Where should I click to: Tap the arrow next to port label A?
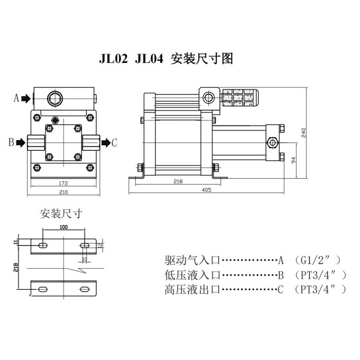(26, 98)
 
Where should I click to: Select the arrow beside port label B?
(21, 143)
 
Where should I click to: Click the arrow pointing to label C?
(105, 143)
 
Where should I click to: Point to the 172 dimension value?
(63, 183)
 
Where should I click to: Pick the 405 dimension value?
(207, 190)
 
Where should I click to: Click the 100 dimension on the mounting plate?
(63, 227)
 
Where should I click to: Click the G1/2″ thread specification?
(315, 260)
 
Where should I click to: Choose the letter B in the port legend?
(280, 274)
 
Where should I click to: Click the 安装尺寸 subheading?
(61, 213)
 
